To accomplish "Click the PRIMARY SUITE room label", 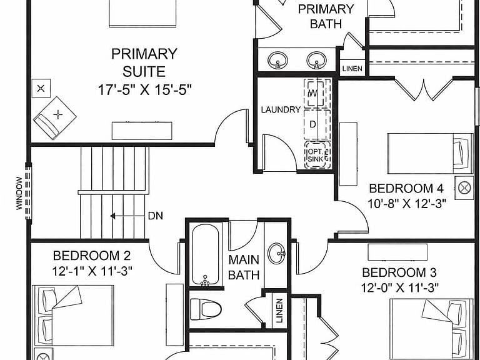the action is coord(144,62).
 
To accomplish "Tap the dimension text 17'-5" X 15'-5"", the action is coord(144,90).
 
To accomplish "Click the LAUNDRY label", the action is coord(281,109).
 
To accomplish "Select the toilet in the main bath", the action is coord(206,309).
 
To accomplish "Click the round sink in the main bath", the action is coord(277,253).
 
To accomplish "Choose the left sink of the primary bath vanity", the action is coord(277,60).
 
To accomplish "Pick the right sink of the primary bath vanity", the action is coord(316,60).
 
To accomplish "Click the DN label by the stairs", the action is coord(156,216).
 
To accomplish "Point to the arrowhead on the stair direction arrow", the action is coord(112,216).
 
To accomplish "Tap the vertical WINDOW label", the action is coord(19,193).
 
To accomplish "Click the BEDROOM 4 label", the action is coord(406,188).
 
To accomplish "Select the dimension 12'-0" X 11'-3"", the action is coord(400,287).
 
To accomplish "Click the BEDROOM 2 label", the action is coord(92,255).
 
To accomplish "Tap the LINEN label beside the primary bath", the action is coord(352,69).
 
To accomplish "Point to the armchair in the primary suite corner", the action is coord(54,118).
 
